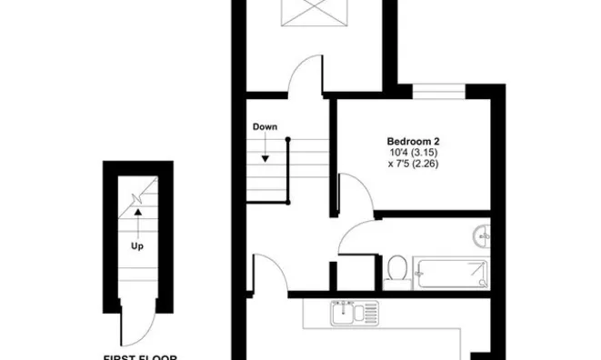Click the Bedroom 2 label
[x=414, y=141]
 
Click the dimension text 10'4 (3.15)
[x=414, y=153]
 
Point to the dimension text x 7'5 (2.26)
[x=414, y=165]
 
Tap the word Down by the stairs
[x=265, y=127]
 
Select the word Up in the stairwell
[x=137, y=245]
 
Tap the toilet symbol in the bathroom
[x=396, y=268]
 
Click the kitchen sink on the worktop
[x=348, y=314]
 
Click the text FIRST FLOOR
[x=137, y=356]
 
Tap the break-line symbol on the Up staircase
[x=138, y=196]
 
